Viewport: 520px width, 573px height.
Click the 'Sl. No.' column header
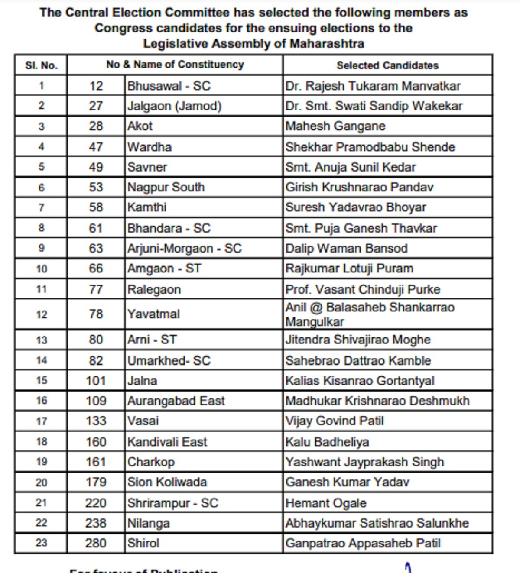[x=41, y=65]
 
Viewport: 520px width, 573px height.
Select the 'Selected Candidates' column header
[x=387, y=65]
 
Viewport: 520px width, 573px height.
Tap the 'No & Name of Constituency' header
[x=175, y=65]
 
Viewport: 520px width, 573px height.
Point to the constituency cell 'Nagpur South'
[x=166, y=187]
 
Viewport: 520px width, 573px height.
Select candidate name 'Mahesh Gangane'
[x=335, y=126]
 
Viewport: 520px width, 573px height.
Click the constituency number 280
[x=96, y=543]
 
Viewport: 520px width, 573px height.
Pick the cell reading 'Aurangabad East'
[x=176, y=401]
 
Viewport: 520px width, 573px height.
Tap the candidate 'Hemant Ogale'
[x=326, y=503]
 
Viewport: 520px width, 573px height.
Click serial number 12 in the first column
[x=41, y=314]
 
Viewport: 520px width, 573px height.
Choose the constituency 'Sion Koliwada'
[x=167, y=482]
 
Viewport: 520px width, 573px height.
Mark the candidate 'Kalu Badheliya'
[x=327, y=442]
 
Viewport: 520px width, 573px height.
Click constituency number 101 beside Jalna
[x=96, y=381]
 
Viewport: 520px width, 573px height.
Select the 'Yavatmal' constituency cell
[x=153, y=314]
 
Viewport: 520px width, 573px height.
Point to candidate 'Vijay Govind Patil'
[x=335, y=421]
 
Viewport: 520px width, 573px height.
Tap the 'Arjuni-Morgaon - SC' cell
[x=185, y=249]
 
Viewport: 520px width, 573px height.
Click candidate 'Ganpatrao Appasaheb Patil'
[x=363, y=543]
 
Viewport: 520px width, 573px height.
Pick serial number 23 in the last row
[x=41, y=543]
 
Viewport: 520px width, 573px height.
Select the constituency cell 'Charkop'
[x=151, y=462]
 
